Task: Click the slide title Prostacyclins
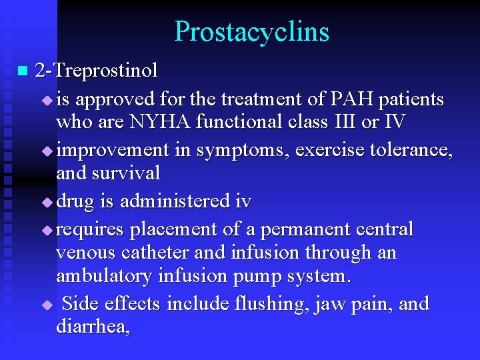point(251,32)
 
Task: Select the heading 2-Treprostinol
point(96,70)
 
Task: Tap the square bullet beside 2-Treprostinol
point(24,70)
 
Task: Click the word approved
point(114,100)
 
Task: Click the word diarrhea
point(91,327)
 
